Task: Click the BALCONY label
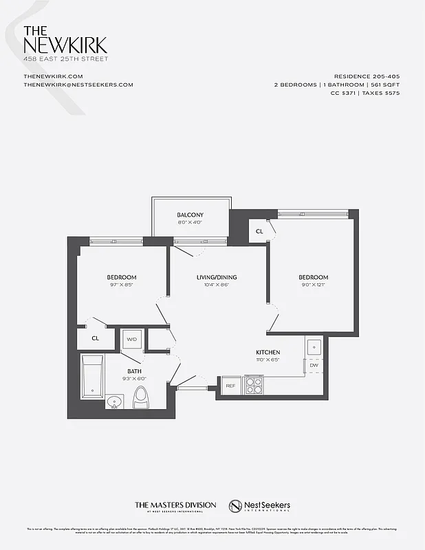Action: click(x=190, y=214)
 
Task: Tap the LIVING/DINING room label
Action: click(x=217, y=277)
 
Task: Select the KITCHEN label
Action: click(x=268, y=351)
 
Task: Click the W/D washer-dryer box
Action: click(x=131, y=339)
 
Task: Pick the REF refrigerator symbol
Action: click(x=232, y=386)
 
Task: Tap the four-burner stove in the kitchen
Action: click(x=254, y=385)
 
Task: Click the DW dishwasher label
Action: click(x=314, y=365)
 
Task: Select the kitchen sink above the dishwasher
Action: click(x=314, y=347)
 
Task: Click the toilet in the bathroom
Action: click(x=142, y=397)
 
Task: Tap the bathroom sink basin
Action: click(x=114, y=401)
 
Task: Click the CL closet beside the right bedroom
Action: click(x=259, y=232)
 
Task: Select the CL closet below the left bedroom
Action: click(x=96, y=338)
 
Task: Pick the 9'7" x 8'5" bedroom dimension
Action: click(x=122, y=285)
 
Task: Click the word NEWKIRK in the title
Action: click(x=65, y=45)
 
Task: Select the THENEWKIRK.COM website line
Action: click(x=53, y=76)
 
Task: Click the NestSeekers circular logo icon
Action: click(x=237, y=506)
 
